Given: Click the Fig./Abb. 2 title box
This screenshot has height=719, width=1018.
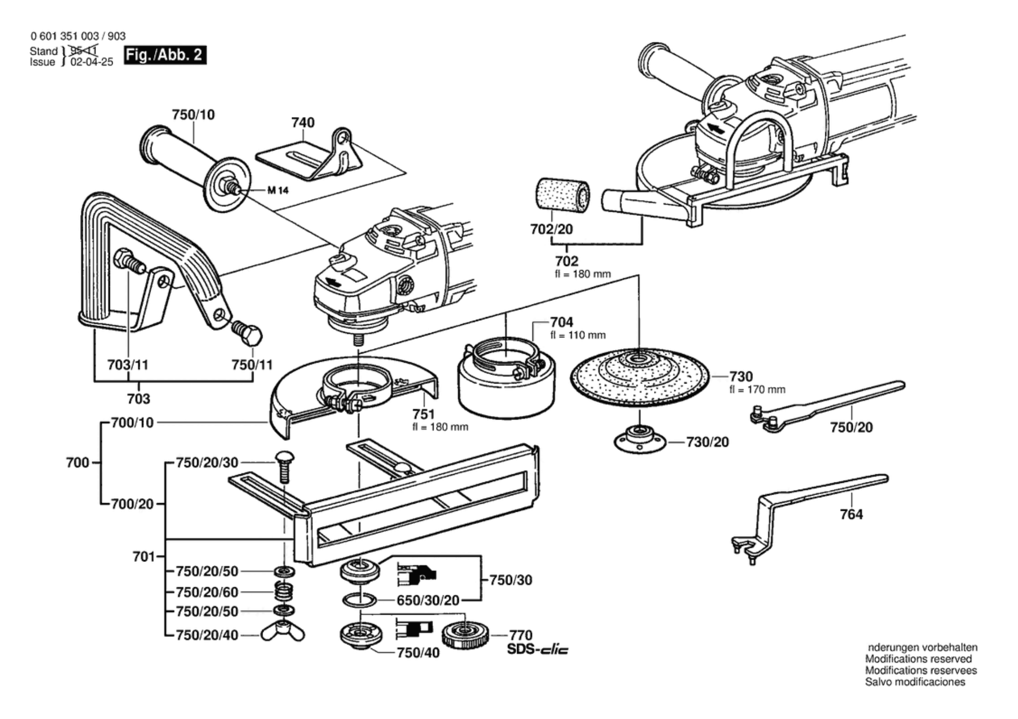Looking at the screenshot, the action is click(165, 55).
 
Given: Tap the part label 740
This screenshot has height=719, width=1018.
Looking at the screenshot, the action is click(303, 123).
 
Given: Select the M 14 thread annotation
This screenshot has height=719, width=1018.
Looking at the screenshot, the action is click(278, 190).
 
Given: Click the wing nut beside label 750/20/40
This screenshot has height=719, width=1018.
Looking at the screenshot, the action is click(283, 633).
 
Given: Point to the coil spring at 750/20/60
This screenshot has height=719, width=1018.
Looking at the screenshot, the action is click(284, 591).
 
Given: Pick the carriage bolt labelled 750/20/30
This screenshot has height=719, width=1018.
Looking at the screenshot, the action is click(284, 466).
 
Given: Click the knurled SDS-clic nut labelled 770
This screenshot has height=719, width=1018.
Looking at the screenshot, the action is click(464, 634).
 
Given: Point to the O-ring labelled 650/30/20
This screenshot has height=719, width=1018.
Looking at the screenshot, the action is click(359, 600).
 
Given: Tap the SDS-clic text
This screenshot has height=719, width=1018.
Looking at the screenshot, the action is click(537, 649).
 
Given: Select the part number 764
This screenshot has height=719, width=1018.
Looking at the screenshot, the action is click(851, 514).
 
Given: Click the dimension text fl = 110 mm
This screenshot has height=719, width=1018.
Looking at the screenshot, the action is click(578, 335).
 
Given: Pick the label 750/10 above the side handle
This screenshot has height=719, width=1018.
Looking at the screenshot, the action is click(193, 115).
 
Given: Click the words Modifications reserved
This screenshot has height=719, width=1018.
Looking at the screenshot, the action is click(918, 659).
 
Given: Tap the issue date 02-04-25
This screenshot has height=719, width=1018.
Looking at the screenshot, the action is click(92, 62).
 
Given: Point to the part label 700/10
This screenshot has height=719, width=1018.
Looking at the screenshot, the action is click(132, 423).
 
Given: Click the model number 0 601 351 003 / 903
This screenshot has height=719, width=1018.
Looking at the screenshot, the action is click(78, 36).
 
